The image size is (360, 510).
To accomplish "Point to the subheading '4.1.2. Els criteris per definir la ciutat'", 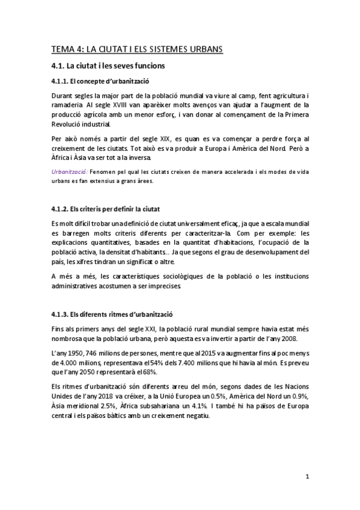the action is tap(105, 209).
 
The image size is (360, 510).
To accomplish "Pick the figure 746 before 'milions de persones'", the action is tap(99, 352).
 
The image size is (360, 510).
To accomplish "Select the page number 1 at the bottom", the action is tap(307, 477).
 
